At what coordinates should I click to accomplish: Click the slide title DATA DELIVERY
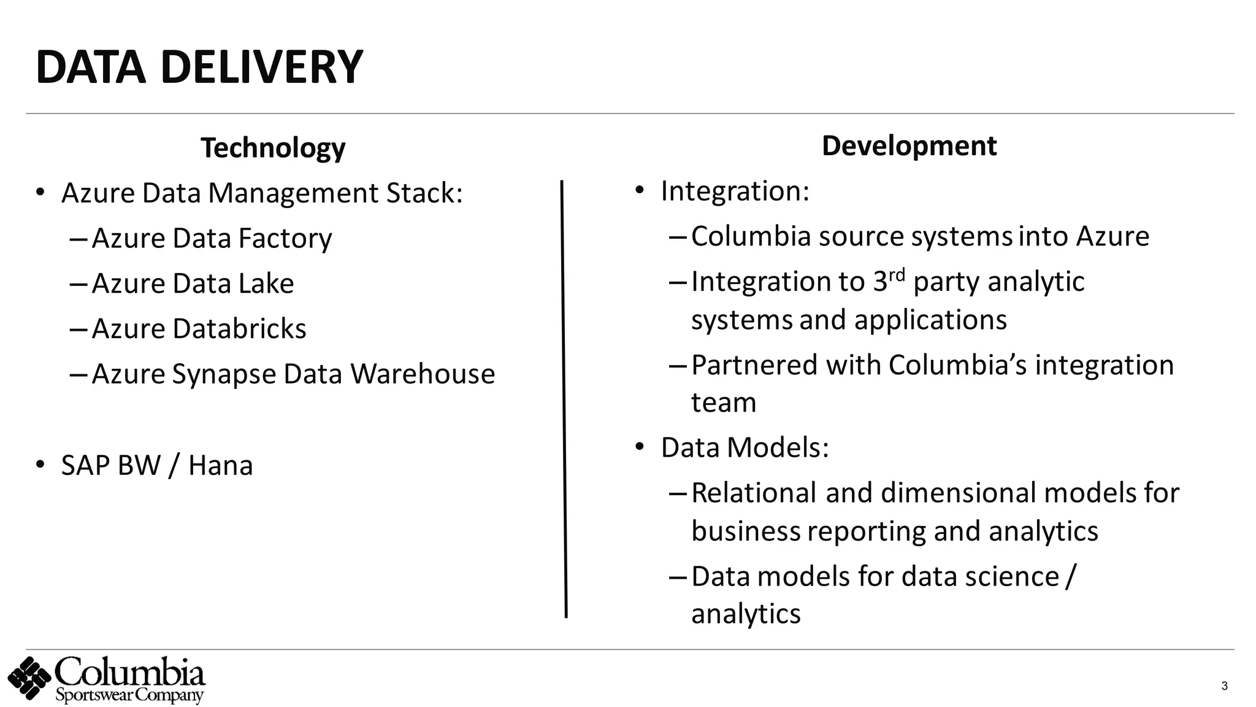click(199, 67)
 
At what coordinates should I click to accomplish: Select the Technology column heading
click(273, 148)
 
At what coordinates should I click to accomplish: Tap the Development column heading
click(909, 146)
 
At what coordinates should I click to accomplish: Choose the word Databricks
click(239, 329)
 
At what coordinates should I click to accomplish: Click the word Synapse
click(224, 375)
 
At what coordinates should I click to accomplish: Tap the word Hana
click(220, 466)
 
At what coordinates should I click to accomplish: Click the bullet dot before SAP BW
click(40, 465)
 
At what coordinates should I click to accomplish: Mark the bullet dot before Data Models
click(640, 447)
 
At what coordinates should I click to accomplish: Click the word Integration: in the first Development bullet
click(735, 191)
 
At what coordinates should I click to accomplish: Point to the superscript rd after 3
click(897, 274)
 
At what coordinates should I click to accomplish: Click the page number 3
click(1224, 686)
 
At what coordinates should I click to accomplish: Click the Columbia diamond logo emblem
click(29, 678)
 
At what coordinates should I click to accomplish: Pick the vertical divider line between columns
click(564, 399)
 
